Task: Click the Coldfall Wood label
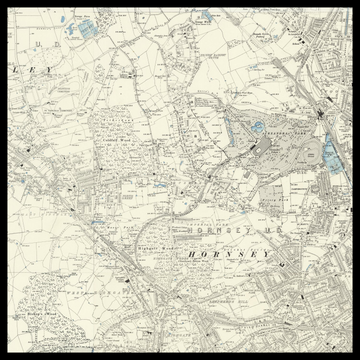point(118,142)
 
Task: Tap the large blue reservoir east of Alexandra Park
point(331,152)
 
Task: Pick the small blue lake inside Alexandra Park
point(258,127)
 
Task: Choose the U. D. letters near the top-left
point(40,45)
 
